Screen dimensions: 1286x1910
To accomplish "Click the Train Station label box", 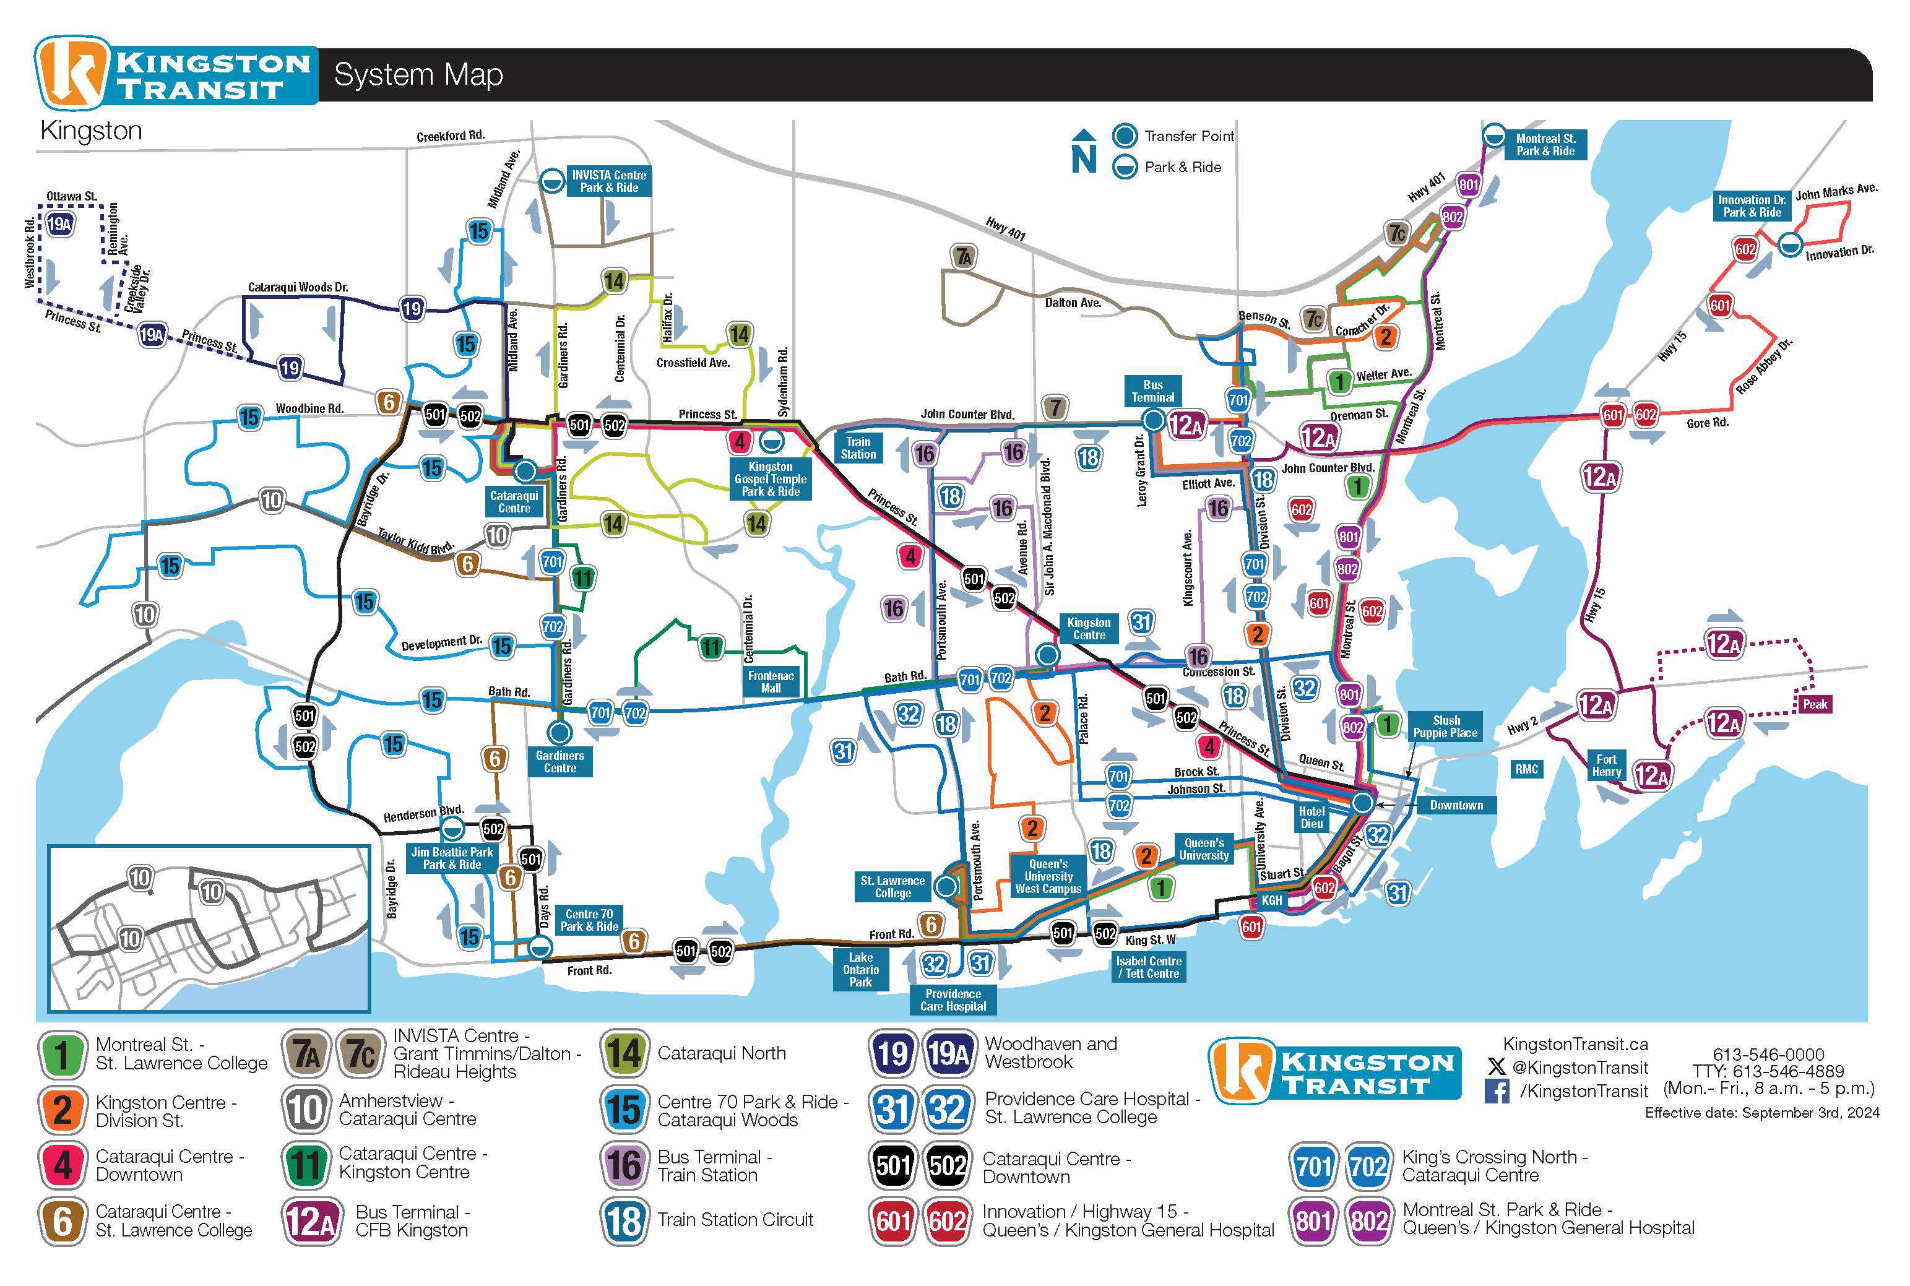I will (858, 448).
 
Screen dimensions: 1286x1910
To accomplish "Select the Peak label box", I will (1814, 704).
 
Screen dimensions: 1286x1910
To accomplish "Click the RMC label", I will (1526, 769).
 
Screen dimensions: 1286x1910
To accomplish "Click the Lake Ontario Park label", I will (860, 969).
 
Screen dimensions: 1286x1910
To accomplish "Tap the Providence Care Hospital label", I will (953, 999).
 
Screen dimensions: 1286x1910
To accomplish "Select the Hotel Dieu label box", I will (1312, 817).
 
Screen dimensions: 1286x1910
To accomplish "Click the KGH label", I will (1271, 900).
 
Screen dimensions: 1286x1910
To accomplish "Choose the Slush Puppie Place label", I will (1446, 727).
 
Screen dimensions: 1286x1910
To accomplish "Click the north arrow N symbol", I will (1084, 152).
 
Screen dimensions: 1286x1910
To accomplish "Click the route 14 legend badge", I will (623, 1054).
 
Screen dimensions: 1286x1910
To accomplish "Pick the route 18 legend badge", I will (623, 1220).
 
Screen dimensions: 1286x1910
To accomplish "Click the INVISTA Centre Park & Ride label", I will (608, 181).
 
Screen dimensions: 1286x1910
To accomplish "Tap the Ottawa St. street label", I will (71, 196).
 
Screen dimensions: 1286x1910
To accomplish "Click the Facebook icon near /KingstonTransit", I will (1497, 1092).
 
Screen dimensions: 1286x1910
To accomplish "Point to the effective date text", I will (1761, 1113).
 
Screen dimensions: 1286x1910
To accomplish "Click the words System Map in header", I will (418, 75).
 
